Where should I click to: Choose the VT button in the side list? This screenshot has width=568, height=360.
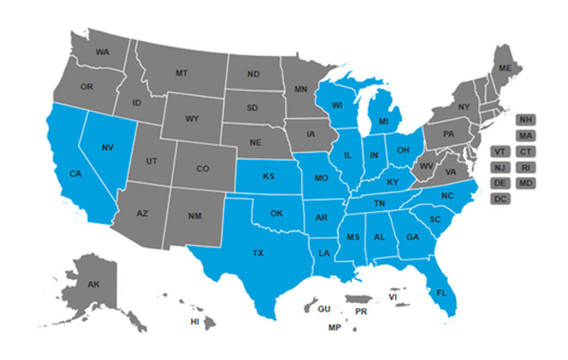[500, 151]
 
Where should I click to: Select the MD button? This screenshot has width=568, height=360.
[525, 183]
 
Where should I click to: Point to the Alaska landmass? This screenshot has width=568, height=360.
[94, 284]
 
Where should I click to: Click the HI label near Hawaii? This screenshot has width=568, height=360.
[195, 322]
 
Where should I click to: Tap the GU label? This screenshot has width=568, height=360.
[324, 309]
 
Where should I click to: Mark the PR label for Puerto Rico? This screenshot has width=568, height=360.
[361, 312]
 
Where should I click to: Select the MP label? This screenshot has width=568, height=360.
[335, 327]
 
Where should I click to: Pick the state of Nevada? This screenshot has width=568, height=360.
[107, 147]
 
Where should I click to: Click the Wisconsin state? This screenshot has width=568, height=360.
[337, 106]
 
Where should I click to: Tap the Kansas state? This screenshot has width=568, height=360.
[268, 177]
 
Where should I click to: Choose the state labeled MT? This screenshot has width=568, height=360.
[181, 73]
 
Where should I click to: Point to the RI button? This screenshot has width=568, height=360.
[525, 168]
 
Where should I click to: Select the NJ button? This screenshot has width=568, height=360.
[500, 168]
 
